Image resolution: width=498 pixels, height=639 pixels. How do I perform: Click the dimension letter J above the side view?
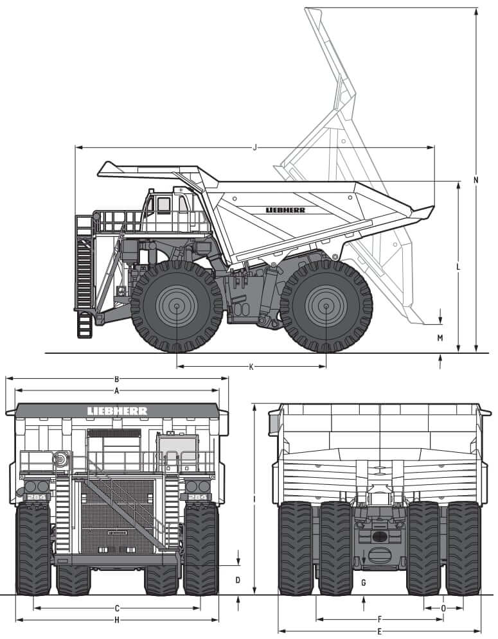click(255, 148)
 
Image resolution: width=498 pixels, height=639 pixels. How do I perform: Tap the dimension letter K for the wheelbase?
click(251, 367)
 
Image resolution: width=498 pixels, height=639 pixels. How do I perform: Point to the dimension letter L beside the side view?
click(458, 267)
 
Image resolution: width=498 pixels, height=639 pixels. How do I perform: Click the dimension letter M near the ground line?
click(440, 338)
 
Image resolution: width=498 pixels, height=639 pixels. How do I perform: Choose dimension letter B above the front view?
click(116, 379)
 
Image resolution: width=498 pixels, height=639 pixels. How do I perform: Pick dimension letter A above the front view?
click(116, 391)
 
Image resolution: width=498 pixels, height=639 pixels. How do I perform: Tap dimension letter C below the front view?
click(117, 609)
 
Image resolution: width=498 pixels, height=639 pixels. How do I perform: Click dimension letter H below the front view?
click(117, 620)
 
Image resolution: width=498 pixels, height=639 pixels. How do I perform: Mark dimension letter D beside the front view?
click(238, 581)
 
